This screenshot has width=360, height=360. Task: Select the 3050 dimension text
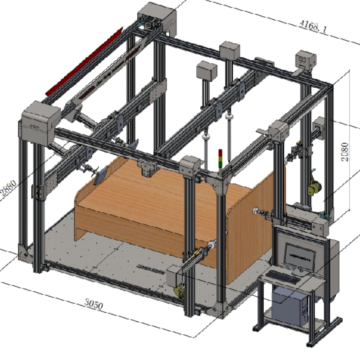(94, 305)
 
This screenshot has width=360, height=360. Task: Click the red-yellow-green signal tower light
(220, 158)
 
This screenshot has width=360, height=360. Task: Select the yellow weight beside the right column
(315, 187)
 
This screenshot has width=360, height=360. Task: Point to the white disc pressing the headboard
(257, 211)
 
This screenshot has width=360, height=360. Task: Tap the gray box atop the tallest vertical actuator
(207, 70)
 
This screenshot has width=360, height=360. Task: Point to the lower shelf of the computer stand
(292, 322)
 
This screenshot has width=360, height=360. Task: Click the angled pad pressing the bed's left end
(101, 174)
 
